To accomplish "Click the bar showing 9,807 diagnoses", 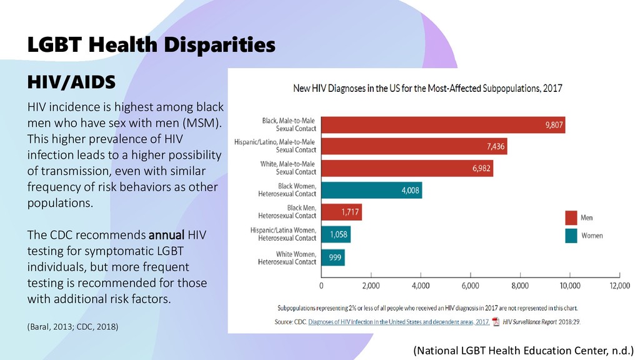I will pos(443,125).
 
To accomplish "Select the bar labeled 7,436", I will pos(414,146).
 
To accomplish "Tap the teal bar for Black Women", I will pos(371,190).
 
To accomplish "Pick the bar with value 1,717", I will pos(341,212).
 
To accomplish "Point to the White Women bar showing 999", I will pos(333,257).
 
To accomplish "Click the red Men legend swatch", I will pos(571,218).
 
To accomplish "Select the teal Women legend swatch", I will pos(571,236).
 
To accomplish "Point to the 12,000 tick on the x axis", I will pos(619,286).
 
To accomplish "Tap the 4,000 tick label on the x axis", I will pos(421,286).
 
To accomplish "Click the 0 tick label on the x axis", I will pos(322,286).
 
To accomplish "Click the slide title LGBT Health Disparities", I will pos(151,45).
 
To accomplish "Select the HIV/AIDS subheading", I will pos(70,82).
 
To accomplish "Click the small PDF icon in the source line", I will pos(496,322).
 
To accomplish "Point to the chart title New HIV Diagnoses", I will pos(427,89).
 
